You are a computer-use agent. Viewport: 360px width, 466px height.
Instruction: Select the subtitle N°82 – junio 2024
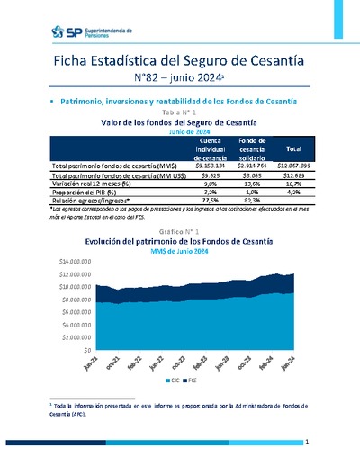click(x=180, y=80)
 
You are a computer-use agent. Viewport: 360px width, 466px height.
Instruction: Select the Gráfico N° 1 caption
click(x=180, y=232)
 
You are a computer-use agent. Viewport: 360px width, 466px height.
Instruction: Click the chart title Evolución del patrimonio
click(x=180, y=242)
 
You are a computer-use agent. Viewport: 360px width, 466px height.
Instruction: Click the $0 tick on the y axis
click(x=86, y=349)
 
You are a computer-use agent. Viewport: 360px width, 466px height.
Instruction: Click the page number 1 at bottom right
click(x=307, y=443)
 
